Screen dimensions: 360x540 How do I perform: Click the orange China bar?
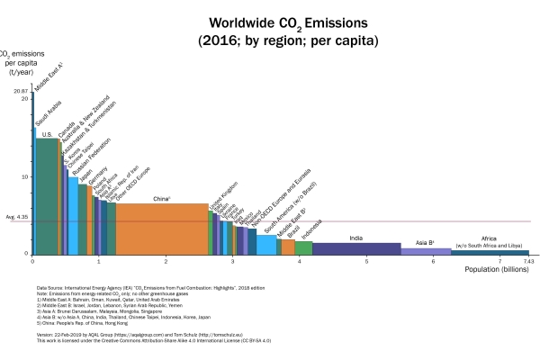pos(162,229)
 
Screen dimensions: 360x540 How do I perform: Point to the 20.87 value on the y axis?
pos(22,92)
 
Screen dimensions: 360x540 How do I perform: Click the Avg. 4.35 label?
pos(17,217)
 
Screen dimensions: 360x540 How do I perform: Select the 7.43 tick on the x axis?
pos(529,261)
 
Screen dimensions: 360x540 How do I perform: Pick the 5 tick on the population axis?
pos(366,261)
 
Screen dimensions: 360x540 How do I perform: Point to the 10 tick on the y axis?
pos(25,176)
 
